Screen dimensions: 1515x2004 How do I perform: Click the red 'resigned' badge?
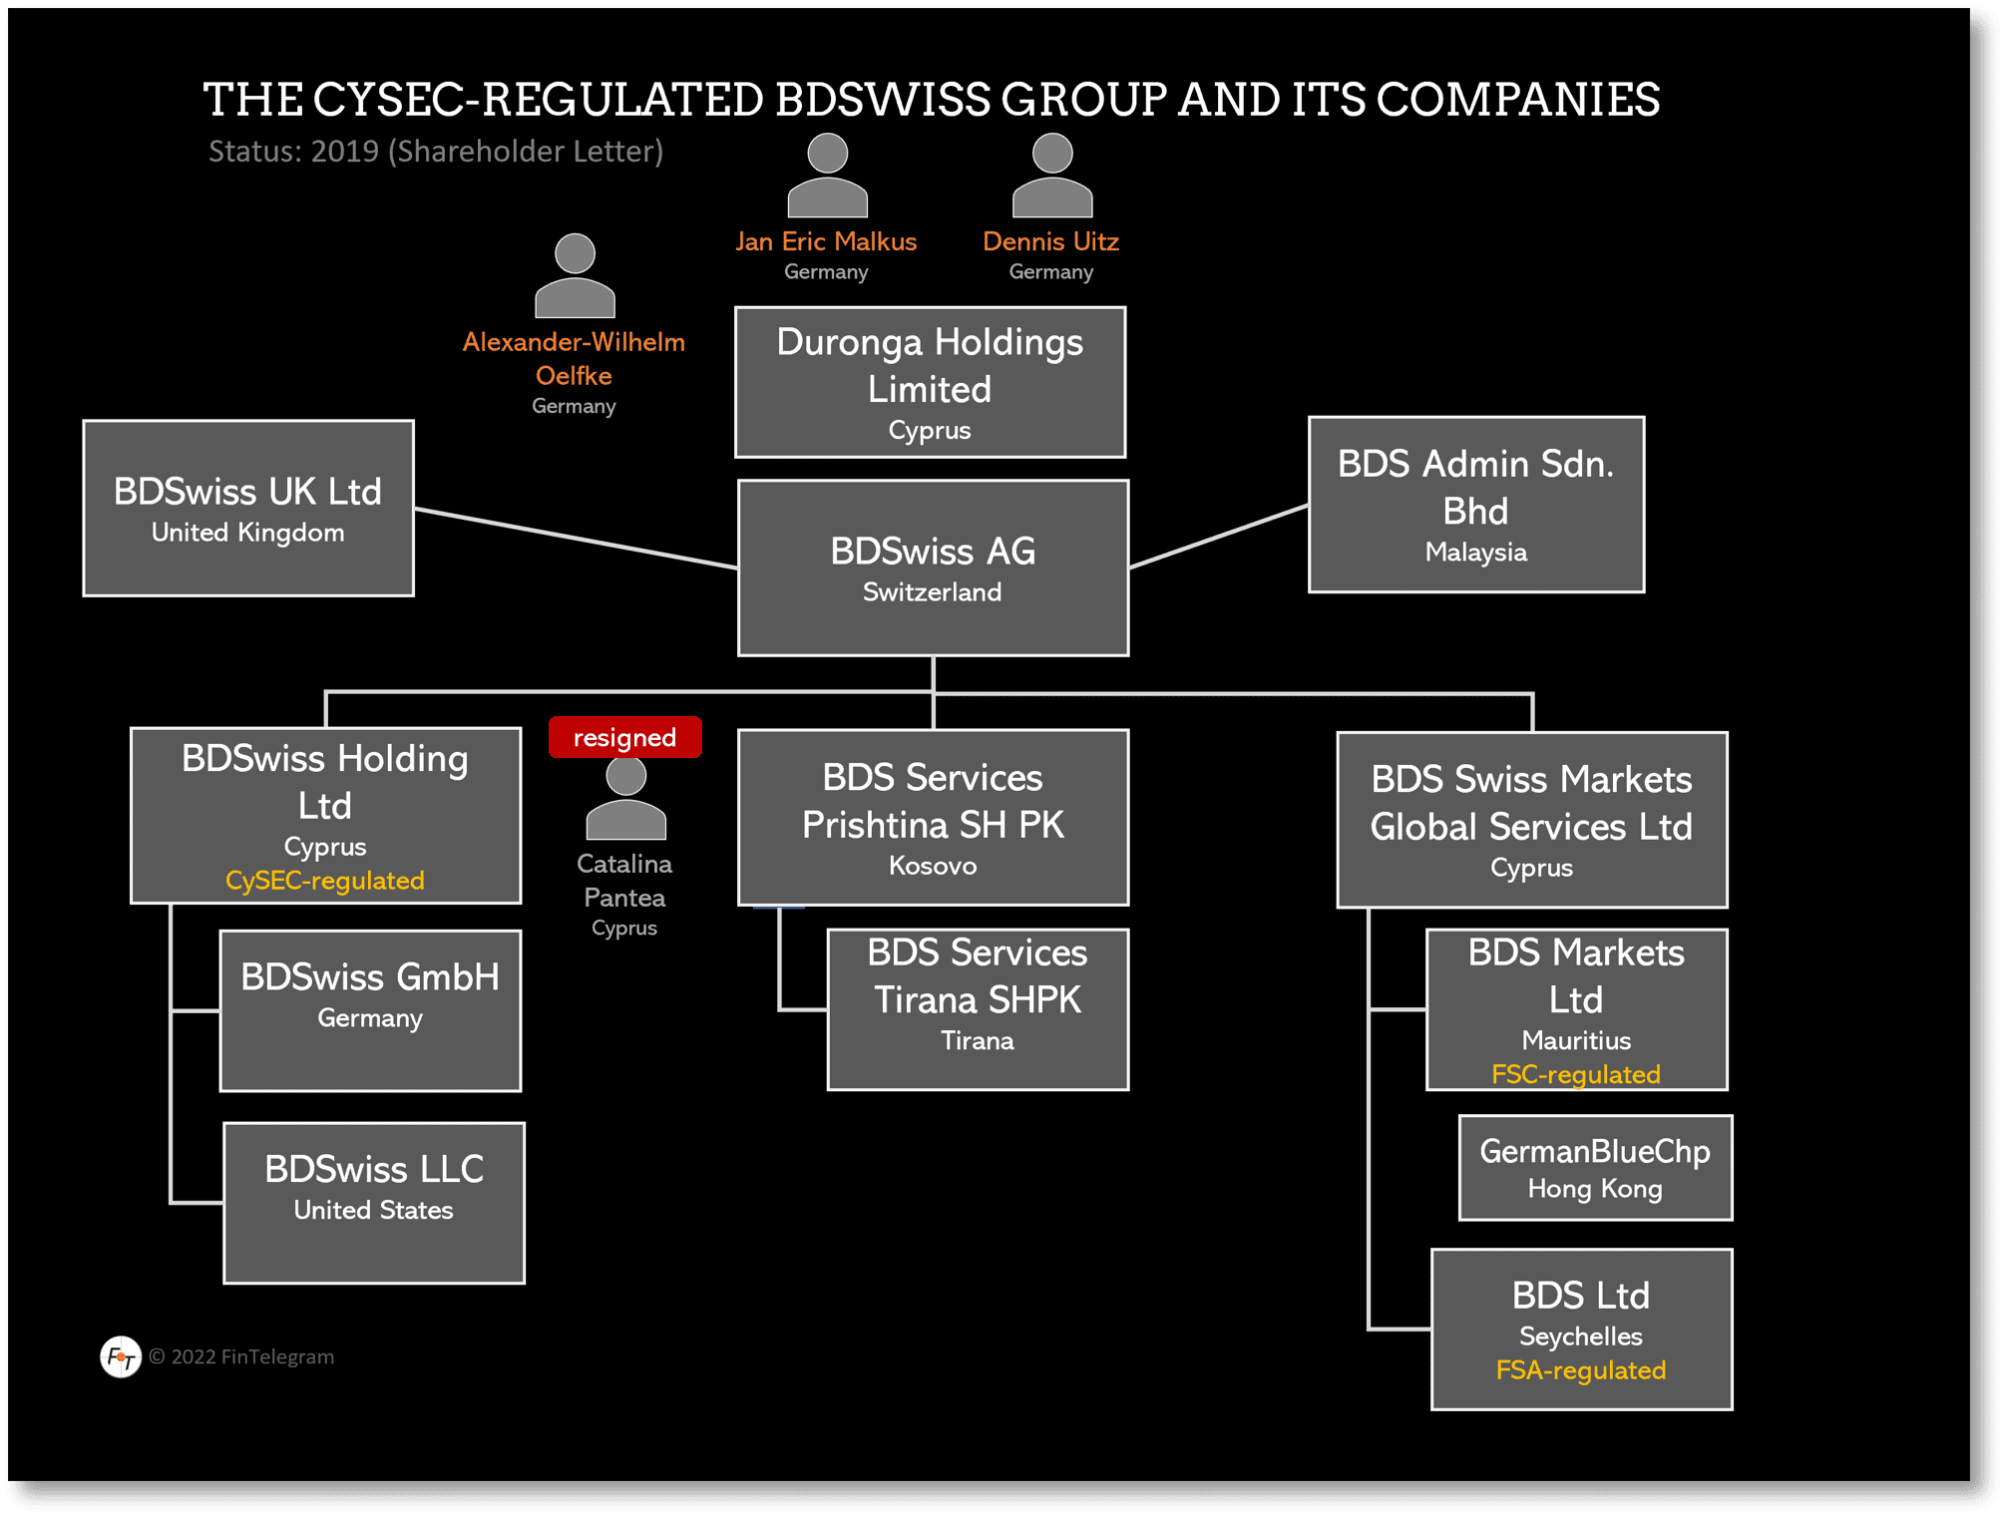[x=624, y=737]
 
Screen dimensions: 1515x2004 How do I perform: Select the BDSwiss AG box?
[x=933, y=568]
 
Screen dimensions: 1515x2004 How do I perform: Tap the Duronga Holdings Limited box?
[x=930, y=382]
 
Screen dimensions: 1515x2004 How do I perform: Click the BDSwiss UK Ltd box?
[x=247, y=508]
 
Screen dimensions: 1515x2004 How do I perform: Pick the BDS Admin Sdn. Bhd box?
[x=1475, y=505]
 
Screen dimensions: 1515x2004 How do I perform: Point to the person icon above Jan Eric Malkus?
[x=827, y=176]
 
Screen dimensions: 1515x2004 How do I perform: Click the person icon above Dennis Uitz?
[x=1051, y=176]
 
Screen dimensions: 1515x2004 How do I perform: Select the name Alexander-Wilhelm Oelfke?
[x=574, y=358]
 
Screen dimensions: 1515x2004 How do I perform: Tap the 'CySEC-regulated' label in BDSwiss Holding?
[x=325, y=881]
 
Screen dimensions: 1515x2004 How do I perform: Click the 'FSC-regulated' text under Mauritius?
[x=1575, y=1074]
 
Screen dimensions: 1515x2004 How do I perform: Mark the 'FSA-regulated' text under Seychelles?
[x=1580, y=1370]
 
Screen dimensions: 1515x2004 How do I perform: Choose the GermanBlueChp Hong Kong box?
[x=1595, y=1168]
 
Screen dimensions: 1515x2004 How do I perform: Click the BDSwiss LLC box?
[x=374, y=1203]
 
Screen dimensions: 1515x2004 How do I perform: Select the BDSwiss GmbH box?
[x=370, y=1010]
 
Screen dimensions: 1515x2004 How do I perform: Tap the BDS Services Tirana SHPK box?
[x=978, y=1009]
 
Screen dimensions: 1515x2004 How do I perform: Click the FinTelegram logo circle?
[x=121, y=1356]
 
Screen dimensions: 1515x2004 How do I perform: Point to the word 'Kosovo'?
[x=933, y=866]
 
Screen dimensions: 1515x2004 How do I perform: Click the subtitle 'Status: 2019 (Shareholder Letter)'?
[x=436, y=151]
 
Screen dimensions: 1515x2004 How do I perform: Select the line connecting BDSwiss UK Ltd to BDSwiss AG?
[x=576, y=539]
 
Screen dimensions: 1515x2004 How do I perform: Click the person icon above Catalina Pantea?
[x=625, y=799]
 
